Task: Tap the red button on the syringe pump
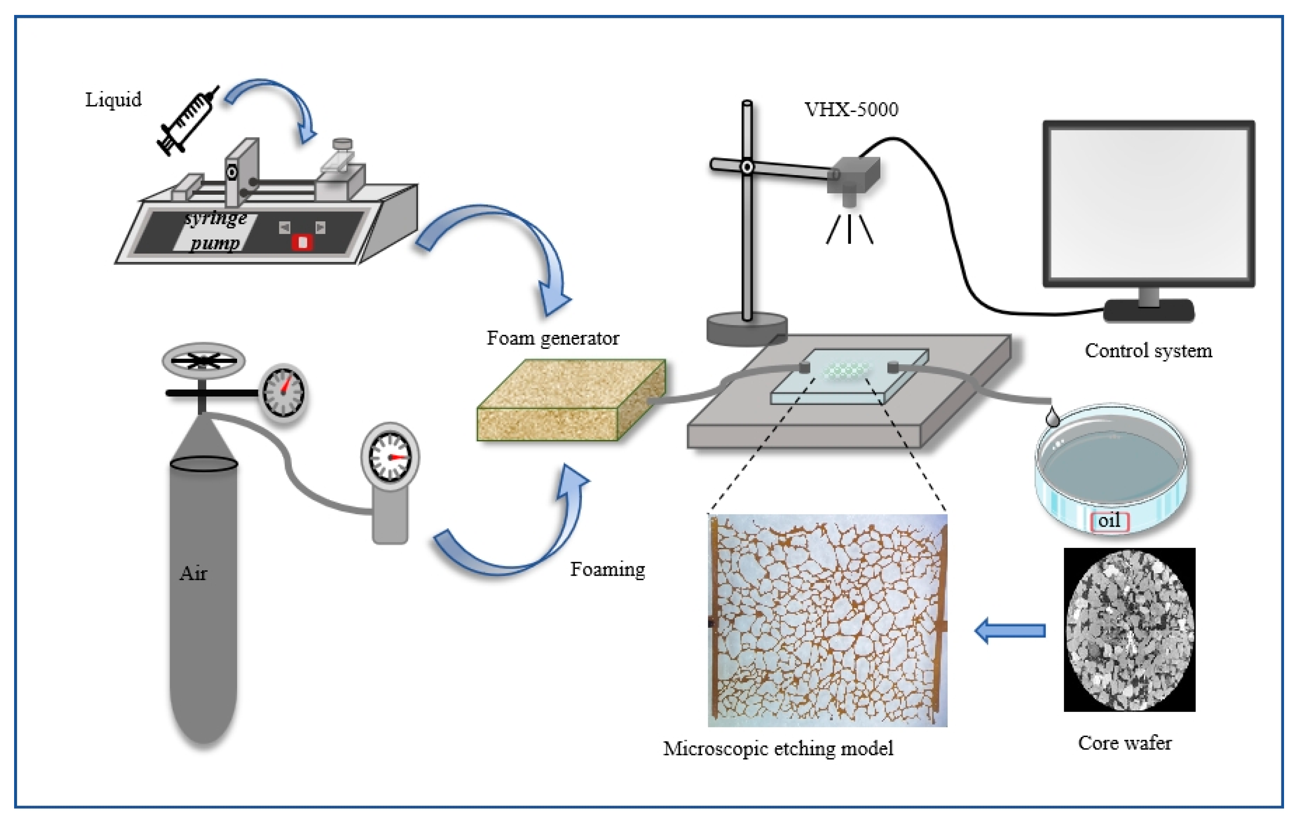(302, 242)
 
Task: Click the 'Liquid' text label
(113, 100)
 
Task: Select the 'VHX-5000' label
(851, 110)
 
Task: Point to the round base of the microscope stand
(747, 329)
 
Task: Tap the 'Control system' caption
(1148, 351)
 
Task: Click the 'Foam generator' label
(553, 338)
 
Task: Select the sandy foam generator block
(571, 401)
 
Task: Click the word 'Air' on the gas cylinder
(193, 574)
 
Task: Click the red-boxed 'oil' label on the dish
(1109, 521)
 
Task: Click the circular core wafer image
(1129, 630)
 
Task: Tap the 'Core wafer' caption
(1124, 743)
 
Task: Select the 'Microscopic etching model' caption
(778, 748)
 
